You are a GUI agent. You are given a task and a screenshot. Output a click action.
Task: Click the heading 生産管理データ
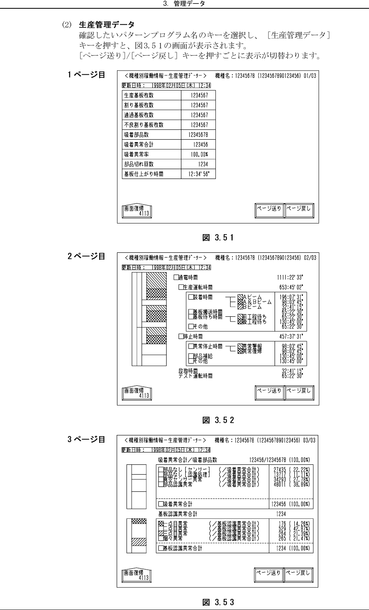pyautogui.click(x=106, y=25)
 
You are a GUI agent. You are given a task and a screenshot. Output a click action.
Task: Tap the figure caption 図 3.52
pyautogui.click(x=218, y=419)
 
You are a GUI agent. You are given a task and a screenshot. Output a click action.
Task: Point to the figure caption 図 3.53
pyautogui.click(x=218, y=602)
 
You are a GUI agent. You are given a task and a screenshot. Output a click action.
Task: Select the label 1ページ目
pyautogui.click(x=86, y=74)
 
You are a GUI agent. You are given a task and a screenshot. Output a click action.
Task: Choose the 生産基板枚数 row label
pyautogui.click(x=138, y=96)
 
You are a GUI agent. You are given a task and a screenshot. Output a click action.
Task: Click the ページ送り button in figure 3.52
pyautogui.click(x=269, y=391)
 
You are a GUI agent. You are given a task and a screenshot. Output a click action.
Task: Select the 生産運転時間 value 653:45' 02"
pyautogui.click(x=291, y=287)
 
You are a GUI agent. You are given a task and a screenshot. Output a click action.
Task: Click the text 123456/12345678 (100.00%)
pyautogui.click(x=279, y=460)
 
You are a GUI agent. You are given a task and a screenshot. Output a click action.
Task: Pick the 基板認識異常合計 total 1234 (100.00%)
pyautogui.click(x=293, y=548)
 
